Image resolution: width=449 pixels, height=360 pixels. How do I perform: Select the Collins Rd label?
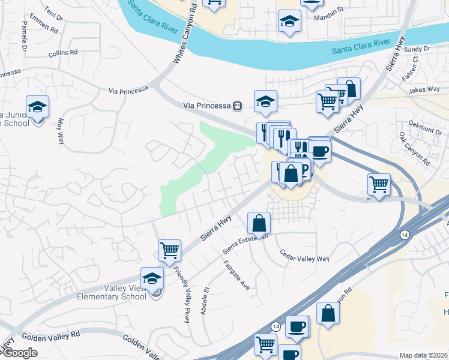click(64, 53)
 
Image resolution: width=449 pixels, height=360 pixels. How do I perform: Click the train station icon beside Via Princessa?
click(238, 106)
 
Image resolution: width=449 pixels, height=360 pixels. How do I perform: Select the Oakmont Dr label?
click(425, 127)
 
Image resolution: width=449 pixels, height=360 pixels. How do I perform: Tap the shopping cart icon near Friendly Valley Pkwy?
click(170, 250)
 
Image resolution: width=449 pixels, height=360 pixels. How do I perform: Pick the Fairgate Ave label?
click(237, 275)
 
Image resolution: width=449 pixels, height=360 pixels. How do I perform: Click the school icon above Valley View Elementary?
click(152, 277)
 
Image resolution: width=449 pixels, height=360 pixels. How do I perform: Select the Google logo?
click(20, 353)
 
